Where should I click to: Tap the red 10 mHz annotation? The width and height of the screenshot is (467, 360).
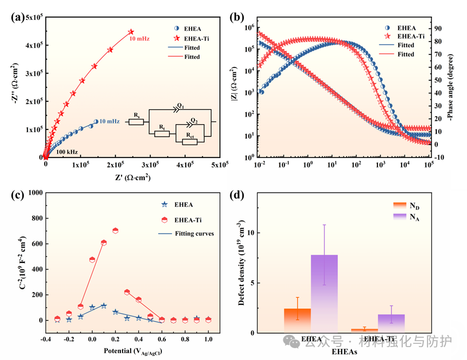139,39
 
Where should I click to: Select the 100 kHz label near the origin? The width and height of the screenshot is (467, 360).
67,152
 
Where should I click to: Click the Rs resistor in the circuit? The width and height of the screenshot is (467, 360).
136,122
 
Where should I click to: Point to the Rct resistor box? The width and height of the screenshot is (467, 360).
189,141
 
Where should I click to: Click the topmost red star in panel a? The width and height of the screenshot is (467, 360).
131,32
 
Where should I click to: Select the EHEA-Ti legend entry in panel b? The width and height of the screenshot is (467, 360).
410,36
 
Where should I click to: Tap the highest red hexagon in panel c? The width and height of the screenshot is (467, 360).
115,231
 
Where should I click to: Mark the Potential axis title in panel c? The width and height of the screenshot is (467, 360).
130,352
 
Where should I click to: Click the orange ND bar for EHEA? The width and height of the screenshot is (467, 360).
297,320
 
